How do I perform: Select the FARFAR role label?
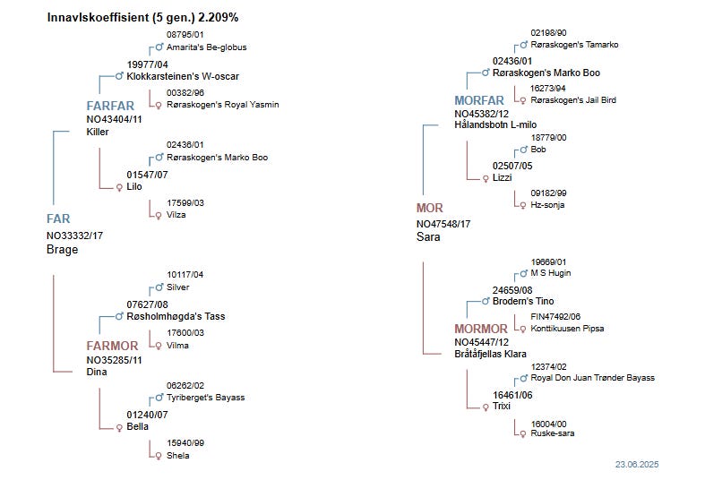pyautogui.click(x=110, y=106)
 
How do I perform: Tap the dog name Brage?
pyautogui.click(x=63, y=250)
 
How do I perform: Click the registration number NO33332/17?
pyautogui.click(x=76, y=236)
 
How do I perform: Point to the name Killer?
pyautogui.click(x=98, y=133)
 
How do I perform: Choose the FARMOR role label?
pyautogui.click(x=112, y=346)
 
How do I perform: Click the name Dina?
pyautogui.click(x=97, y=373)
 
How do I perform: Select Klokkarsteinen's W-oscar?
pyautogui.click(x=183, y=77)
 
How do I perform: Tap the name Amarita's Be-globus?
pyautogui.click(x=206, y=47)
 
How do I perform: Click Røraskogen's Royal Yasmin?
pyautogui.click(x=222, y=105)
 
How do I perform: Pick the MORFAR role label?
pyautogui.click(x=479, y=100)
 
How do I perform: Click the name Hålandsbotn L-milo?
pyautogui.click(x=501, y=125)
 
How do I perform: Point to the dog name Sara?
pyautogui.click(x=428, y=237)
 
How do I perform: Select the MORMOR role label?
pyautogui.click(x=481, y=330)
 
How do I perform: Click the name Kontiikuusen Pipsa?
pyautogui.click(x=567, y=329)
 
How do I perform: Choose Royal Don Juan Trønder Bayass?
pyautogui.click(x=592, y=378)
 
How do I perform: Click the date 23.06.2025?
pyautogui.click(x=636, y=465)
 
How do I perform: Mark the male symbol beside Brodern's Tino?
pyautogui.click(x=485, y=302)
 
